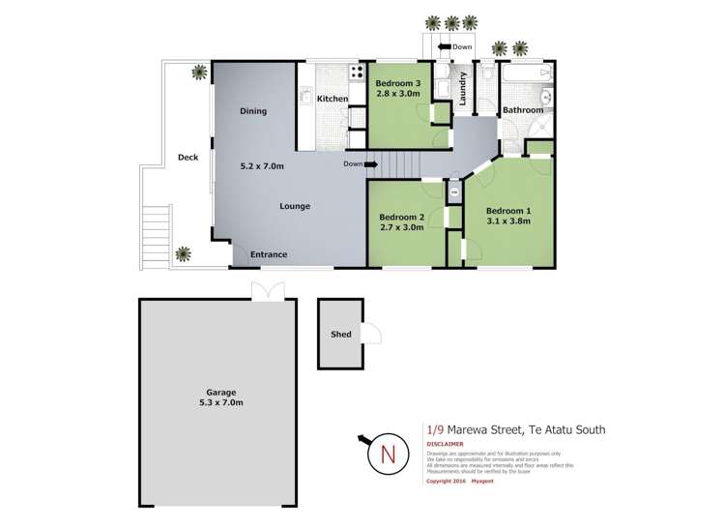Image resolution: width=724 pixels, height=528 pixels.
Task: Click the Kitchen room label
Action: point(333,99)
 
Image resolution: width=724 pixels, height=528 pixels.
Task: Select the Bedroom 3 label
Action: point(398,84)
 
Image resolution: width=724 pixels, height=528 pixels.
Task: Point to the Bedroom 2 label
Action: point(402,217)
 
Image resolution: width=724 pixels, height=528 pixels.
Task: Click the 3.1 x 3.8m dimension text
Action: point(508,221)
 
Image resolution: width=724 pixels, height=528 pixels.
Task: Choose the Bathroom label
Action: point(522,110)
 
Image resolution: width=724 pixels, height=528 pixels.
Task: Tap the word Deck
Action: point(188,157)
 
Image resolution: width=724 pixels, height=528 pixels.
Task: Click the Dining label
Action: point(253,111)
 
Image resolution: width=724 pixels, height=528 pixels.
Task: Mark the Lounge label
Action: point(295,206)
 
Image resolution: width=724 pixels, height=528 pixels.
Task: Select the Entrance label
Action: point(269,254)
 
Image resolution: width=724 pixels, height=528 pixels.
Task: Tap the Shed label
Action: point(340,335)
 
